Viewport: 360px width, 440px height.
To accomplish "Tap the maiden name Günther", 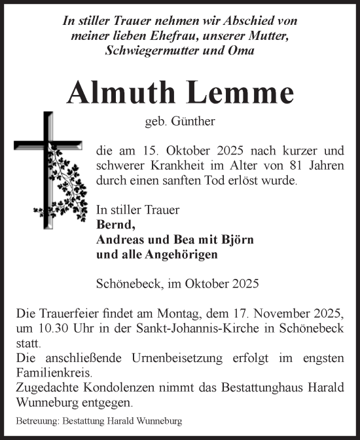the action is pos(192,122).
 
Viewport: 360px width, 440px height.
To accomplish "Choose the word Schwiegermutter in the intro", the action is pos(149,50).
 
